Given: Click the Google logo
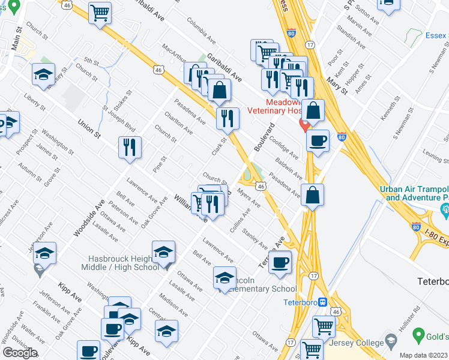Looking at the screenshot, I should coord(20,353).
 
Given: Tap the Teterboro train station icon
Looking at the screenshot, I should coord(322,302).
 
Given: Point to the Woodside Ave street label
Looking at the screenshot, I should coord(84,217).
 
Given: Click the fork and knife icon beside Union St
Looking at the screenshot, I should coord(130,148).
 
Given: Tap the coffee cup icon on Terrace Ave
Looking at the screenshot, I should coord(280,262).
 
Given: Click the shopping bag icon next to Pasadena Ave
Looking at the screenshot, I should coord(313,195).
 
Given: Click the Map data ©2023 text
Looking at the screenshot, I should coord(424,355).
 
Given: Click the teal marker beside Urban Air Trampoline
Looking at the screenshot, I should coord(445,210).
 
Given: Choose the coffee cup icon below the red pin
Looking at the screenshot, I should coord(318,141).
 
